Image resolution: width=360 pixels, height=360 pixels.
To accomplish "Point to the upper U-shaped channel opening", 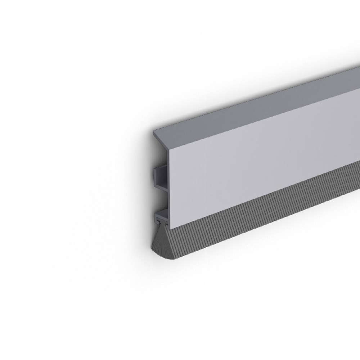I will click(160, 176).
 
